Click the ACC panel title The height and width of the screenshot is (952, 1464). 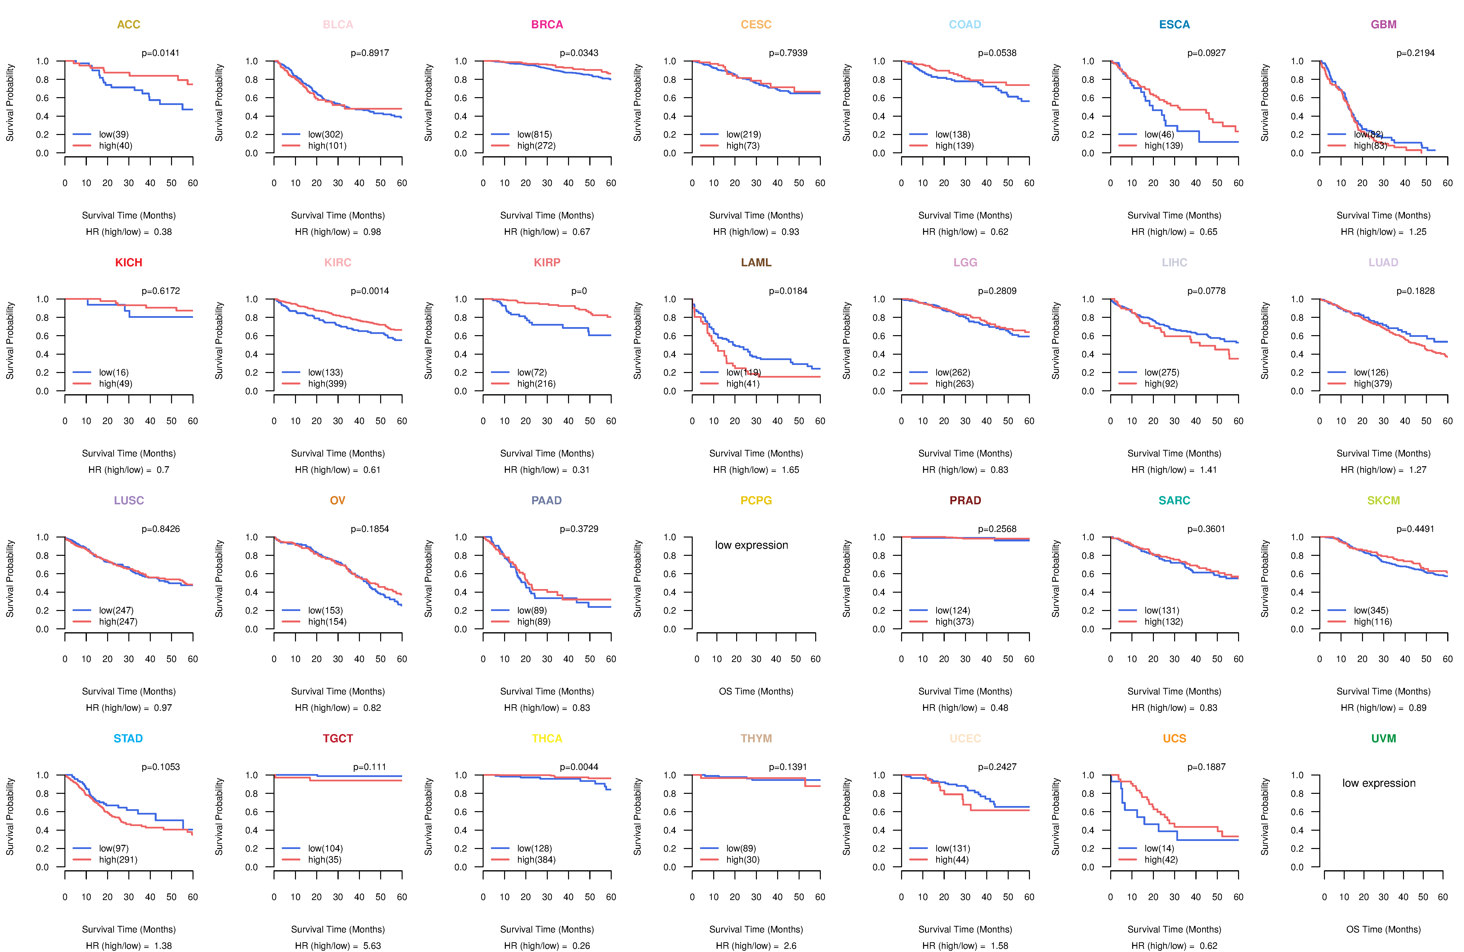(x=129, y=25)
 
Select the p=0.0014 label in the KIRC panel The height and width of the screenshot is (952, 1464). (x=370, y=291)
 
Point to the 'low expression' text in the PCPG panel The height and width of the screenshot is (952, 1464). (x=751, y=545)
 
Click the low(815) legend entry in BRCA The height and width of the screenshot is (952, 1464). (x=534, y=134)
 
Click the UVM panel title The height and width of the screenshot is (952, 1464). (x=1383, y=738)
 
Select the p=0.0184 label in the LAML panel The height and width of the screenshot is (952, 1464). (x=788, y=291)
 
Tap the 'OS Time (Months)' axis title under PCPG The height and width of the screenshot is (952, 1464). (x=756, y=691)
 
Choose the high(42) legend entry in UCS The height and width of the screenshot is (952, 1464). (x=1161, y=860)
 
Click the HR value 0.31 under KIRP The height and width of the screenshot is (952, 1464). (x=581, y=470)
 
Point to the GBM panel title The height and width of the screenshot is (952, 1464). (x=1383, y=25)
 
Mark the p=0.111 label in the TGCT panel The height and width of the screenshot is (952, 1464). (x=370, y=767)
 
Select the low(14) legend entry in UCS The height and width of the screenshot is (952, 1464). (x=1159, y=849)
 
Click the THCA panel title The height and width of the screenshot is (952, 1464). (x=547, y=738)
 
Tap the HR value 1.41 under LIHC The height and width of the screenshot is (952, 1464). (x=1208, y=470)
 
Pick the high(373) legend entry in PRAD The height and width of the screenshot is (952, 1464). (x=954, y=621)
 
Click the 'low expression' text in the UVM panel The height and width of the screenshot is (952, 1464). (x=1379, y=783)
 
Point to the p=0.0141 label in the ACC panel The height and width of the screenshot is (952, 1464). (x=161, y=53)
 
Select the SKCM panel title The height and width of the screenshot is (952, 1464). (x=1383, y=500)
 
